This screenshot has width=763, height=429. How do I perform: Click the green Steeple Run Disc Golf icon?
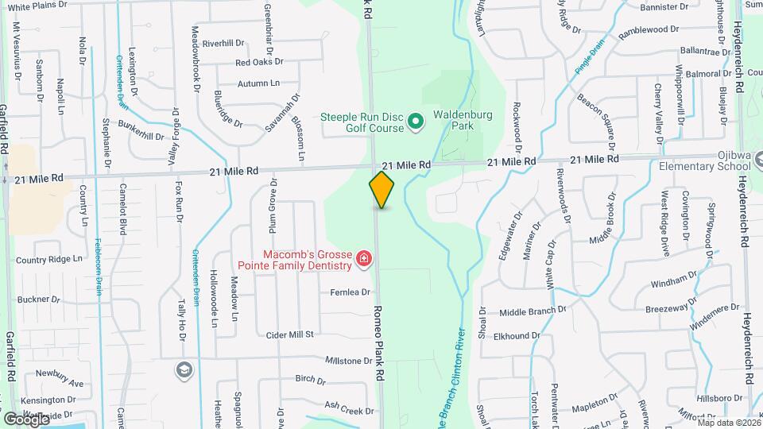[x=415, y=122]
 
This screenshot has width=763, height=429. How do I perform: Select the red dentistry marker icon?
[x=363, y=259]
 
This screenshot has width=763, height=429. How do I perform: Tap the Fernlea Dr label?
[x=351, y=292]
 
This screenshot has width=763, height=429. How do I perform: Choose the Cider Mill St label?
[x=291, y=334]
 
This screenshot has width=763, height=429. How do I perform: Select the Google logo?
[x=27, y=418]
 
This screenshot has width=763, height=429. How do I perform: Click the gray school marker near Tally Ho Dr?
[x=184, y=369]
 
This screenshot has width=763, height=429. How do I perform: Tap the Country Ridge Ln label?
[x=49, y=260]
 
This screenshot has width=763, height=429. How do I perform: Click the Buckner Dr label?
[x=39, y=300]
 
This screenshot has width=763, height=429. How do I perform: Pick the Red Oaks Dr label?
[x=259, y=62]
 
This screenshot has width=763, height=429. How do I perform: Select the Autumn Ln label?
[x=258, y=83]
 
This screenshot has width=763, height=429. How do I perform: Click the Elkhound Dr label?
[x=517, y=336]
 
